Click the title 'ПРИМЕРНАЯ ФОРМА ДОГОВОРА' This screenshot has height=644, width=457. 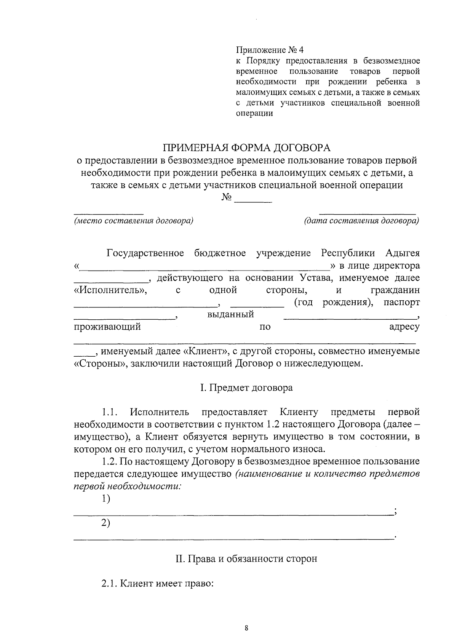coord(247,147)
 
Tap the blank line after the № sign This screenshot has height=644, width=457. coord(253,199)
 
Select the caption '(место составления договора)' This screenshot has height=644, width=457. coord(134,221)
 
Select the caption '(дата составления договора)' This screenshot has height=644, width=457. coord(361,221)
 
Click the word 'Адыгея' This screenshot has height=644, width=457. coord(403,253)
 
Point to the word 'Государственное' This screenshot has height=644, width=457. coord(145,253)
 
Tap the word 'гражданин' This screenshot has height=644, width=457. coord(395,290)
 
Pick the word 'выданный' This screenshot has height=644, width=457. coord(230,315)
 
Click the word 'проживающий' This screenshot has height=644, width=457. coord(107,327)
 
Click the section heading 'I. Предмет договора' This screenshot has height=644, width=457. coord(246,388)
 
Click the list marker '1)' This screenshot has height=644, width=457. coord(105,499)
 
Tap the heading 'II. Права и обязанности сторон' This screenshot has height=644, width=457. coord(246,559)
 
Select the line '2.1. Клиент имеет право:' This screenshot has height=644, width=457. coord(157,583)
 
